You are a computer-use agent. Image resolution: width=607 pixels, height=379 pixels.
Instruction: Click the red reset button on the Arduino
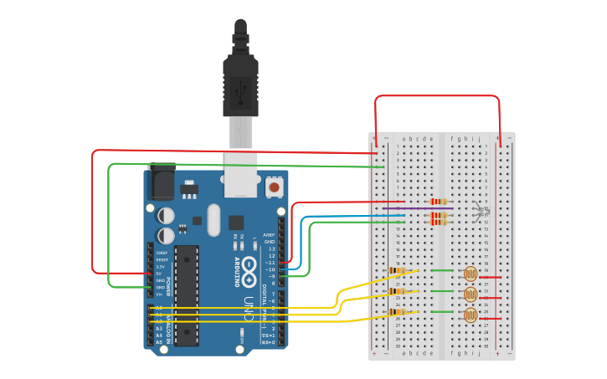click(x=274, y=187)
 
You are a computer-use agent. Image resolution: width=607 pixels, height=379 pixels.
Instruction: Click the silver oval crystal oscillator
click(x=213, y=219)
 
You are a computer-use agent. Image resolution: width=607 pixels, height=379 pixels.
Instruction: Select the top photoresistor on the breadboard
click(x=471, y=274)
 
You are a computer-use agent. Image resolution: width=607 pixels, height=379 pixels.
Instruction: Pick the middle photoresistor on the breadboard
click(x=471, y=294)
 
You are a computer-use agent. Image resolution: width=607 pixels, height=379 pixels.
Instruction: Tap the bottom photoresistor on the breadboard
click(x=471, y=315)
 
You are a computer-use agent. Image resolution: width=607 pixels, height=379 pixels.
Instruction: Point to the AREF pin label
click(x=269, y=235)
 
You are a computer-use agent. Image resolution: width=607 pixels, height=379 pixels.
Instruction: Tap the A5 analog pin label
click(x=159, y=342)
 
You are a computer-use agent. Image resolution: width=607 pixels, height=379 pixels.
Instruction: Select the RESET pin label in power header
click(x=162, y=259)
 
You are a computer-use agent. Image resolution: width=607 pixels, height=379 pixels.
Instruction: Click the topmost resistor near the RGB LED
click(x=438, y=202)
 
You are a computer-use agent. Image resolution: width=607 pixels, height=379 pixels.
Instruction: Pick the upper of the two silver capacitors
click(x=166, y=215)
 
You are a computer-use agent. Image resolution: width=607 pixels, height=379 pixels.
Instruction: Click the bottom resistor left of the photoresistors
click(x=399, y=313)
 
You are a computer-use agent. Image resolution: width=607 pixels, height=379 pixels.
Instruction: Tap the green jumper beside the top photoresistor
click(x=440, y=270)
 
